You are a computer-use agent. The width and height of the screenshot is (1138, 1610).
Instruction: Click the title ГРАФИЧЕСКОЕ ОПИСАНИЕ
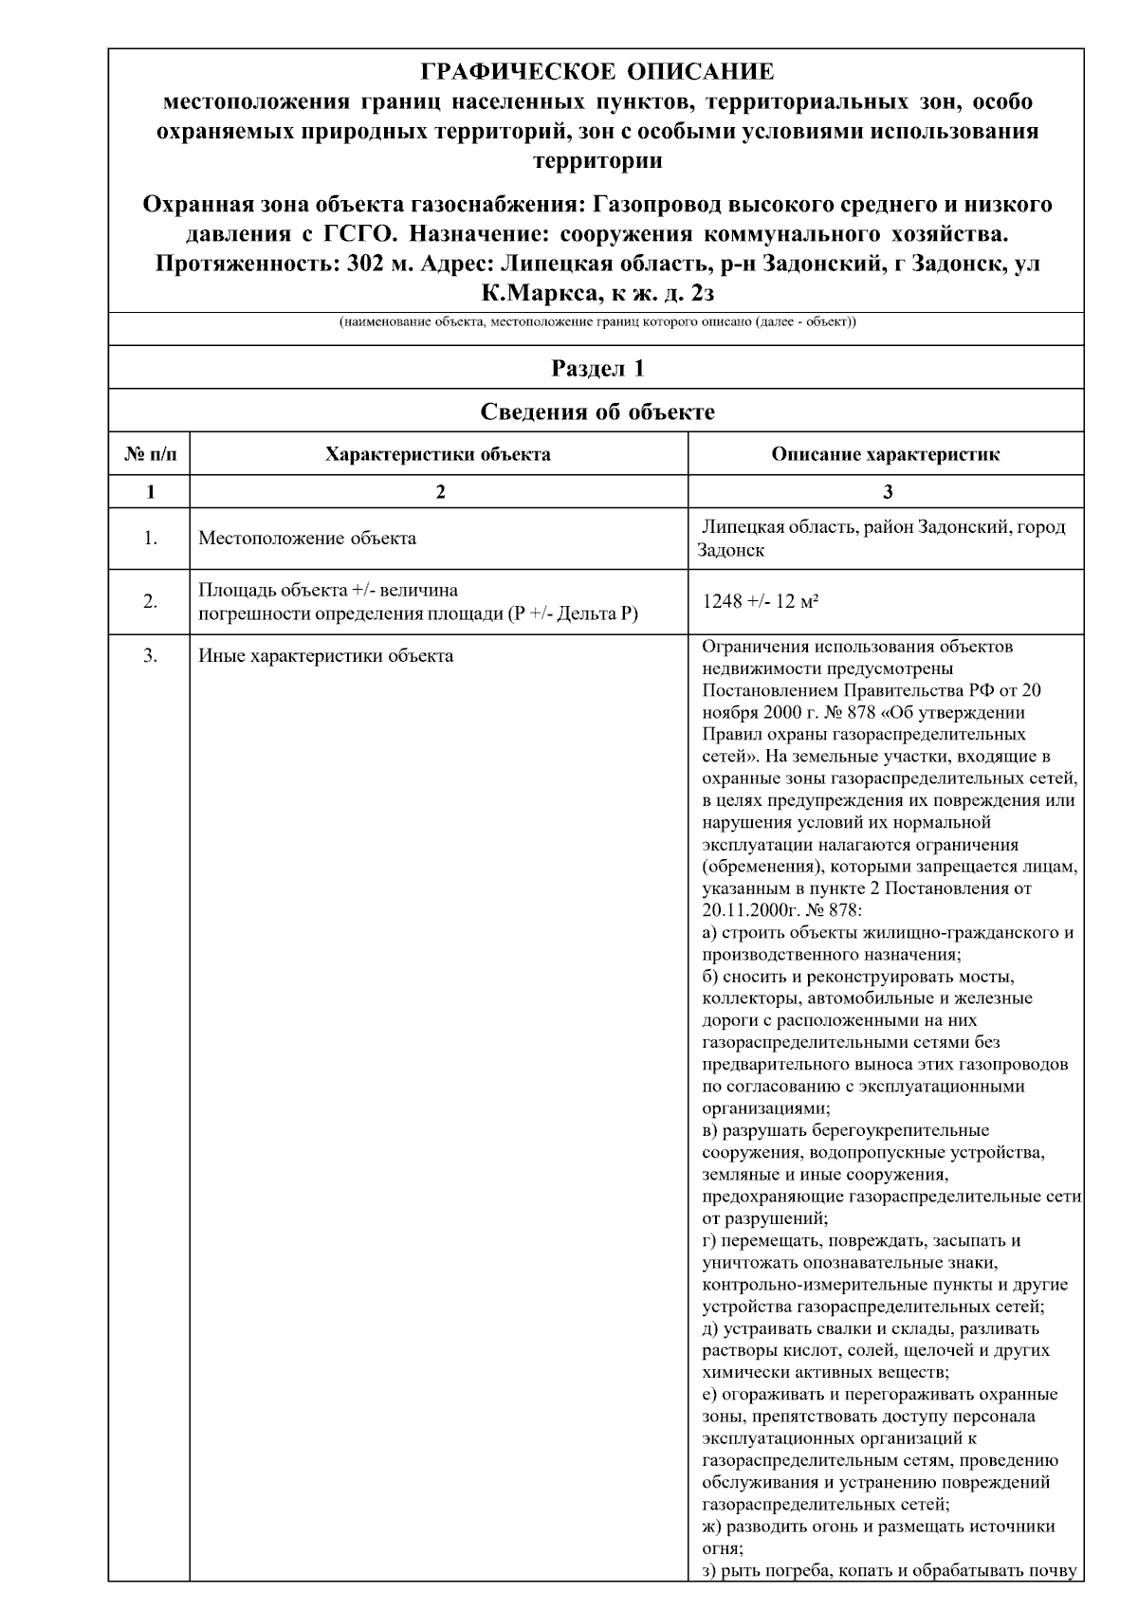coord(597,72)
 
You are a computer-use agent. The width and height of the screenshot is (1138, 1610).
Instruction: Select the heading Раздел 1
coord(597,368)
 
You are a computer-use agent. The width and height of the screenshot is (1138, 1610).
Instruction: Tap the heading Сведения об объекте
coord(597,412)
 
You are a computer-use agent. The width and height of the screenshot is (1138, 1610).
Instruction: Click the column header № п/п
coord(150,454)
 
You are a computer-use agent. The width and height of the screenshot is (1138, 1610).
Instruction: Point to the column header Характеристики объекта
coord(437,454)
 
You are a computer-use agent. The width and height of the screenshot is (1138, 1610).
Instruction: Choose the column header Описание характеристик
coord(885,454)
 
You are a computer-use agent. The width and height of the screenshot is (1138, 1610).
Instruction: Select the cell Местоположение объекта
coord(307,539)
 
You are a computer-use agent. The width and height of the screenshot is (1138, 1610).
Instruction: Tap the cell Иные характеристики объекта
coord(325,655)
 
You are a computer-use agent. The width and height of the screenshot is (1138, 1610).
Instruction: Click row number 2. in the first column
coord(150,601)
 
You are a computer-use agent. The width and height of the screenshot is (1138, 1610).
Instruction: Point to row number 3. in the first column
coord(150,655)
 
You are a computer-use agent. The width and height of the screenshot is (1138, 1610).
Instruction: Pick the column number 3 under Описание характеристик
coord(887,491)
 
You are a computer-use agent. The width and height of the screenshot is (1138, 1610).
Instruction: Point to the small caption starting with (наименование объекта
coord(597,322)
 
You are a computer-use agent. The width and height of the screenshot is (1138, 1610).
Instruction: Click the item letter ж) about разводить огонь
coord(710,1527)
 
